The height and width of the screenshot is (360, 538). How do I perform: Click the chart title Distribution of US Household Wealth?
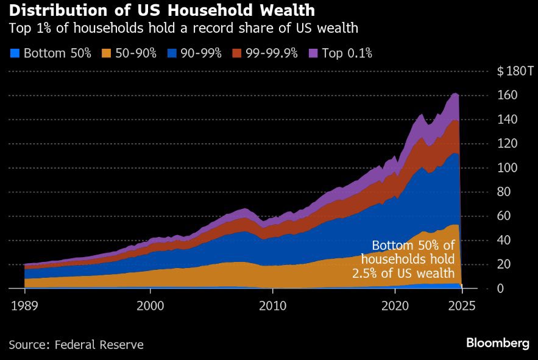click(x=162, y=10)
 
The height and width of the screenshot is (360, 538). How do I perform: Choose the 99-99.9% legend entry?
click(x=271, y=54)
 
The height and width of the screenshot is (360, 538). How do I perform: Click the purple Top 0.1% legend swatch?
click(x=314, y=54)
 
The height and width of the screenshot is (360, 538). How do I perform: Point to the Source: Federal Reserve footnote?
click(x=76, y=345)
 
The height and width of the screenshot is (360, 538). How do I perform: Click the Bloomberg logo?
click(x=497, y=344)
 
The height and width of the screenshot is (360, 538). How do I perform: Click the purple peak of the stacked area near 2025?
click(x=455, y=94)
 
